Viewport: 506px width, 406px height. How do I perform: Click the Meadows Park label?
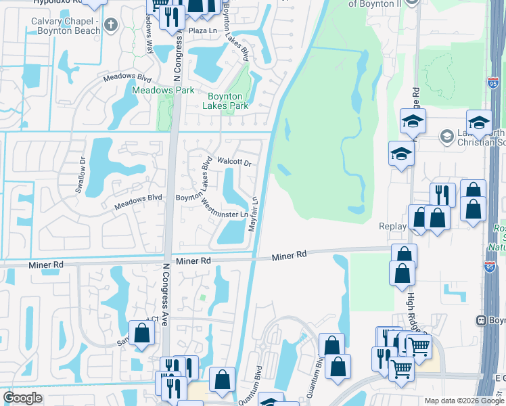(x=163, y=90)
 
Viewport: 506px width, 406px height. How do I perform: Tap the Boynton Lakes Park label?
(x=225, y=101)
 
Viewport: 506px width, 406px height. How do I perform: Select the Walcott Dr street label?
(x=234, y=162)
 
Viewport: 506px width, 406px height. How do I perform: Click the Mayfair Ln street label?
(x=254, y=214)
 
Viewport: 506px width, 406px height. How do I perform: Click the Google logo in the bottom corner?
(x=22, y=398)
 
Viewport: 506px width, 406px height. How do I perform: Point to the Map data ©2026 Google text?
(x=463, y=401)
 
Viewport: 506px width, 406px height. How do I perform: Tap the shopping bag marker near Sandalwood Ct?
(x=141, y=333)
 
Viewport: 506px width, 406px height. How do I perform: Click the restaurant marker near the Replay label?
(x=442, y=194)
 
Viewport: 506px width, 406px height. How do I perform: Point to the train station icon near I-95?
(x=482, y=319)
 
